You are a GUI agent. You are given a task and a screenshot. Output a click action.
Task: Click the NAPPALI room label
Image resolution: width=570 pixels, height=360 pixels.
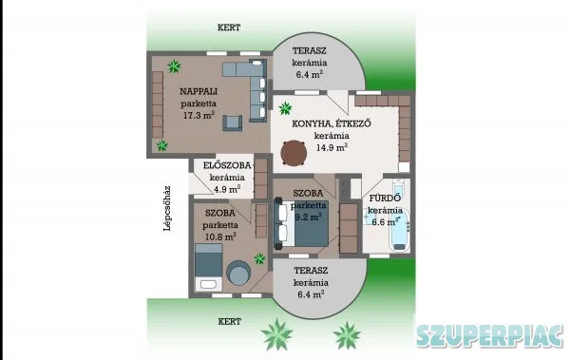[199, 91]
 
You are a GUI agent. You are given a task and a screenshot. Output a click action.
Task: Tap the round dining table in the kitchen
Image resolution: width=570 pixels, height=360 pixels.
[294, 153]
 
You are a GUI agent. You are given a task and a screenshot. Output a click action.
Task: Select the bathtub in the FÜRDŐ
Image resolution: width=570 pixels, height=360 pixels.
[399, 230]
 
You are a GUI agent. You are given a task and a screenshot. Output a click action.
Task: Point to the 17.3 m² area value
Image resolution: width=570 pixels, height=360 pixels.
[199, 115]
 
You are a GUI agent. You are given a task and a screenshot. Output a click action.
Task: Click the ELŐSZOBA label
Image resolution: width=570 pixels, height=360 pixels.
[227, 165]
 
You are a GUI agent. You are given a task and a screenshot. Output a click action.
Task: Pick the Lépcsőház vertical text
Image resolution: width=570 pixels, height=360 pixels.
[167, 209]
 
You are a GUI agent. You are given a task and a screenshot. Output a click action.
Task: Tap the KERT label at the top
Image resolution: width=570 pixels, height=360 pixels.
[229, 28]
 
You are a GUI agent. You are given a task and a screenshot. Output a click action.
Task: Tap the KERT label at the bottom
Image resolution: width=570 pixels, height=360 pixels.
[229, 321]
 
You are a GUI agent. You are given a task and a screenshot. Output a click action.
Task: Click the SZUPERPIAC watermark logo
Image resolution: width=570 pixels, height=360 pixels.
[489, 335]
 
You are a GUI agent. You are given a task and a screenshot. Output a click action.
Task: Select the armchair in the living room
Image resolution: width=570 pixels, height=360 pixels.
[233, 123]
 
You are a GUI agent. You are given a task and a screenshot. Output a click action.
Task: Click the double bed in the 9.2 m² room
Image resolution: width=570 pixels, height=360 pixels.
[302, 223]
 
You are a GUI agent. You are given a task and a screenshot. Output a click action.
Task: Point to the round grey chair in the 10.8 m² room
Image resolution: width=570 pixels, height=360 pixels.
[238, 273]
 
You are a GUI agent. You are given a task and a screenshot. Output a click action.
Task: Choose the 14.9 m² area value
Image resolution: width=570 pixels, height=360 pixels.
[332, 147]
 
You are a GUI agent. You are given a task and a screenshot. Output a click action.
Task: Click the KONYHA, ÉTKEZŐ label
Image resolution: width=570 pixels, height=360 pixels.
[332, 123]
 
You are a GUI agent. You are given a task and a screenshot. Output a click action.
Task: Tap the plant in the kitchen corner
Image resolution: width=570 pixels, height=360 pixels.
[285, 108]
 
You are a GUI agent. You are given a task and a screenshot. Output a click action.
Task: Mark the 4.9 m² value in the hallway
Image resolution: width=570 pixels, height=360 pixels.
[227, 189]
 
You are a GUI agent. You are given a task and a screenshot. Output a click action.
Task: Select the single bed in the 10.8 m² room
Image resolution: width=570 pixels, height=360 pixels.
[209, 268]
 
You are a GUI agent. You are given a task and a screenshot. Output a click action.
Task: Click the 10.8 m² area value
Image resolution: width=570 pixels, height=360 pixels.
[220, 237]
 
